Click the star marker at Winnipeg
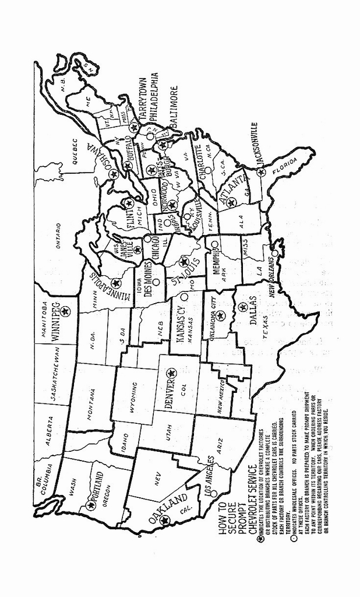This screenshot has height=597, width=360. click(x=65, y=311)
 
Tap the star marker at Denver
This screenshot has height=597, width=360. click(x=171, y=373)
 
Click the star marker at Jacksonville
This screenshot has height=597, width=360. click(x=260, y=171)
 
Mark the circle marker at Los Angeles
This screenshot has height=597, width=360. click(x=213, y=493)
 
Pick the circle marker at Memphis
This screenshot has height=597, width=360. click(x=214, y=244)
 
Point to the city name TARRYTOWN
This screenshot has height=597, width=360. click(x=143, y=99)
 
